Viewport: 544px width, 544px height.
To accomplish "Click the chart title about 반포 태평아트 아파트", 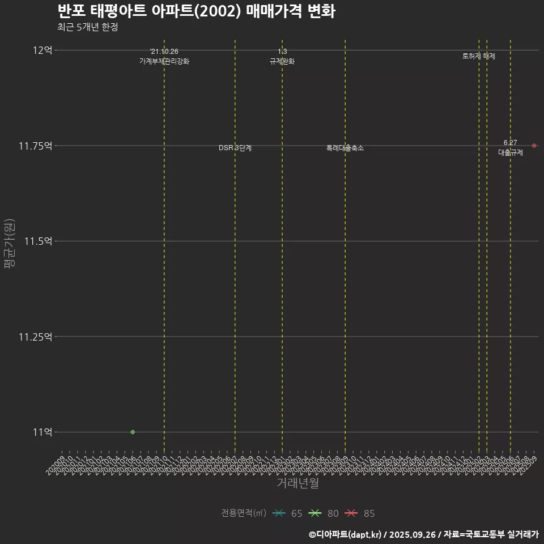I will click(196, 11).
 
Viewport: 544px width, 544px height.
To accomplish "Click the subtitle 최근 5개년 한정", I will click(87, 27).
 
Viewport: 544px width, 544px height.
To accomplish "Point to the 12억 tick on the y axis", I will click(42, 50).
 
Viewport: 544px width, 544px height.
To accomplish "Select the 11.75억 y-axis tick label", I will click(36, 146).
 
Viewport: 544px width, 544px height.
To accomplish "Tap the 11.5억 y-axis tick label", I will click(39, 241).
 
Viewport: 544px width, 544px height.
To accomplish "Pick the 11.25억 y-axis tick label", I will click(36, 337).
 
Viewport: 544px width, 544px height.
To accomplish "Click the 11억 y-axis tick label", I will click(42, 432).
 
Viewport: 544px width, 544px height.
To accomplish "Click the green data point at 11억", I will click(133, 432).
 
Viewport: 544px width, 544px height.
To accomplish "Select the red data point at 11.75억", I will click(534, 146).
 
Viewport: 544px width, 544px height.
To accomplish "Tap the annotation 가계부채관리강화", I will click(164, 61).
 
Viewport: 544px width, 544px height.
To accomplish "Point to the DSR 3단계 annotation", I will click(235, 148).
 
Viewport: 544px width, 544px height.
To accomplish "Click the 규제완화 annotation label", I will click(282, 61).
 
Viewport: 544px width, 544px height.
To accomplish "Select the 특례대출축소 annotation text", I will click(345, 148).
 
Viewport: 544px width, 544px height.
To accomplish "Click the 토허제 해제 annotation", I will click(479, 56).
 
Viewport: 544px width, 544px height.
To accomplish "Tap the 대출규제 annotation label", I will click(511, 152).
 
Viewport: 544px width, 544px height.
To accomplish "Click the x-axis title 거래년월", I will click(297, 483).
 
